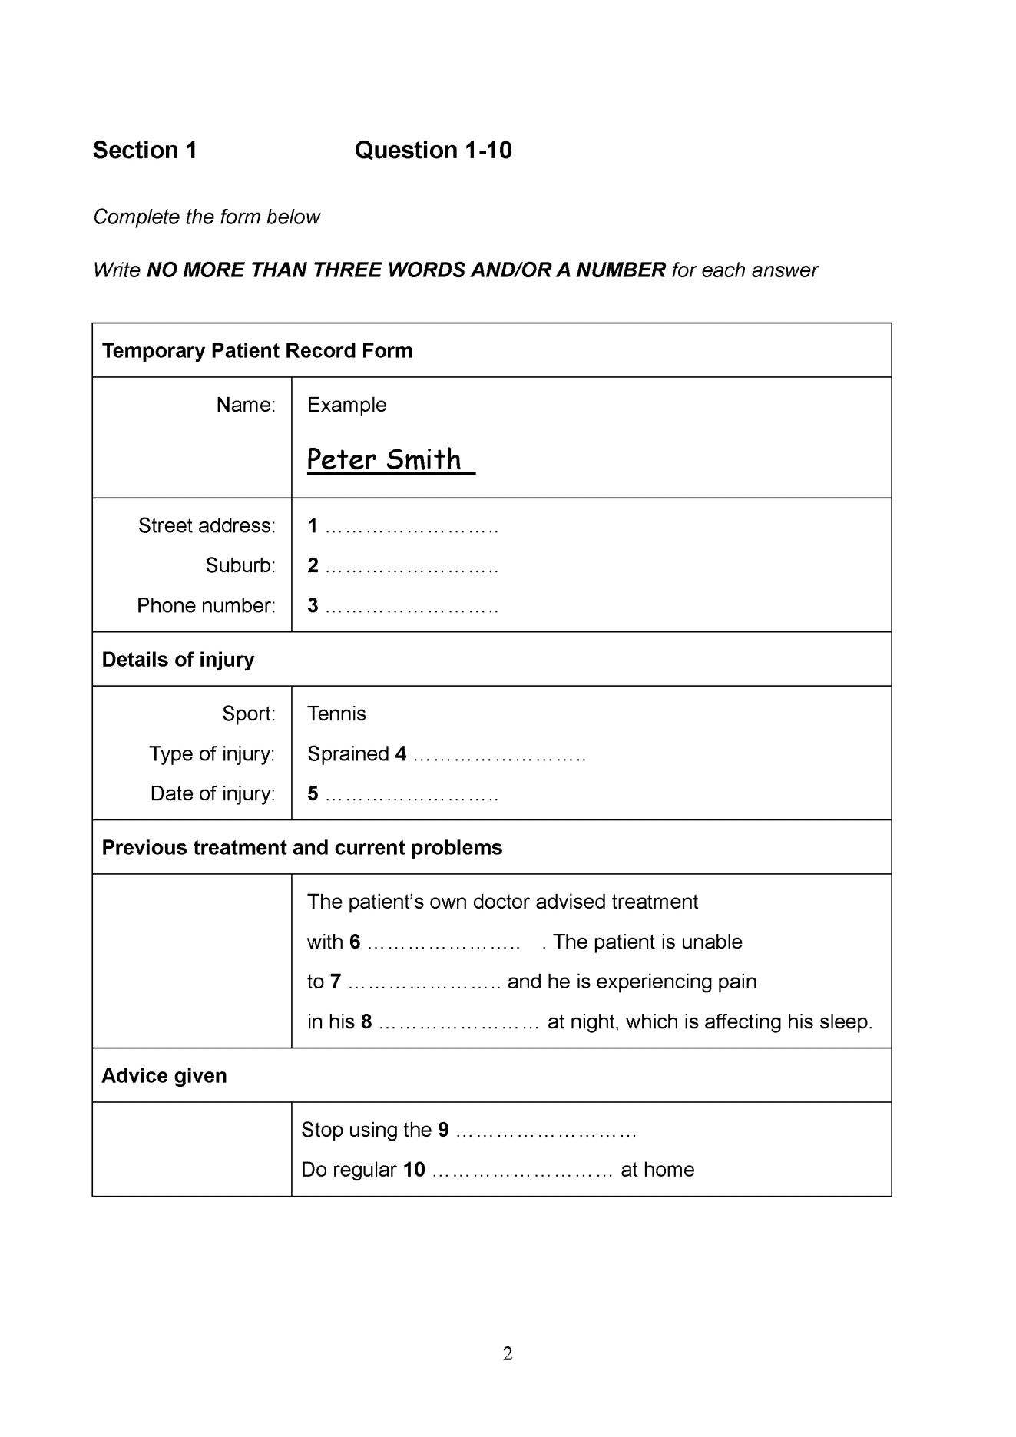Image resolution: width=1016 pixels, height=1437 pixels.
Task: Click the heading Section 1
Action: point(144,150)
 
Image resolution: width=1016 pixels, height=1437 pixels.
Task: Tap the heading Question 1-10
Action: point(433,150)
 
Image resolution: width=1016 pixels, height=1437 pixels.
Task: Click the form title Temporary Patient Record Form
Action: point(257,351)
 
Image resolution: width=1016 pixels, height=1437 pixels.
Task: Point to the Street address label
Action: point(207,526)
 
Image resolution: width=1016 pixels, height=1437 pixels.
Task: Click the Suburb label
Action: point(240,566)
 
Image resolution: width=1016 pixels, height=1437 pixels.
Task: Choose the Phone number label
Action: point(206,606)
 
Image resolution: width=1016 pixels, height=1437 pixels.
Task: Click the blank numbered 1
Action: point(412,528)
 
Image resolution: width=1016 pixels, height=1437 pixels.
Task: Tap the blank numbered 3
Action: point(412,608)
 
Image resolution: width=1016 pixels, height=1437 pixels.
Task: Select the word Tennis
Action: point(336,714)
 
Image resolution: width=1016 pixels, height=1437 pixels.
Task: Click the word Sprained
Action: point(348,754)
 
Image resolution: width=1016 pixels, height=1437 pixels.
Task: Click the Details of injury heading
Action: point(178,660)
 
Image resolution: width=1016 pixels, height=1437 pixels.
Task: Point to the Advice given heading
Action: point(164,1076)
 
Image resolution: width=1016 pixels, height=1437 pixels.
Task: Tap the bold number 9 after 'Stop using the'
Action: point(443,1130)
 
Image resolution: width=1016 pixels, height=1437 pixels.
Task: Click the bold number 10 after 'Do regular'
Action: point(414,1170)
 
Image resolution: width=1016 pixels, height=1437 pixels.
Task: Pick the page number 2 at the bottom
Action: point(508,1354)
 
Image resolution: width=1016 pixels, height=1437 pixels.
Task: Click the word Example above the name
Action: point(346,405)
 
